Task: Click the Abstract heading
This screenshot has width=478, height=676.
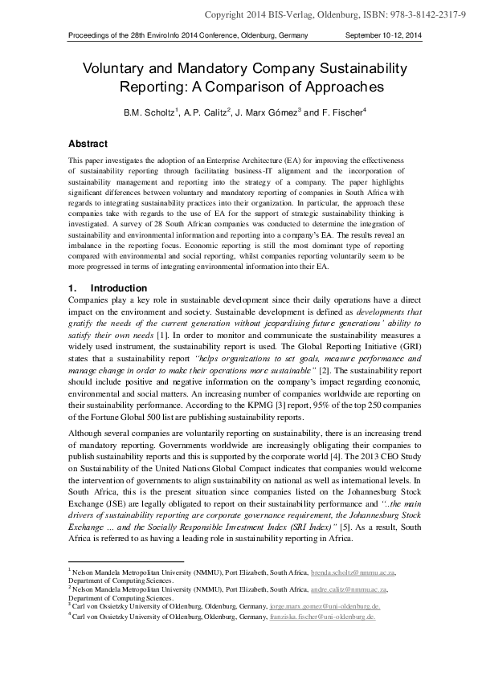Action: [x=88, y=144]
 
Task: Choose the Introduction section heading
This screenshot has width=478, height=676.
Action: [x=119, y=288]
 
